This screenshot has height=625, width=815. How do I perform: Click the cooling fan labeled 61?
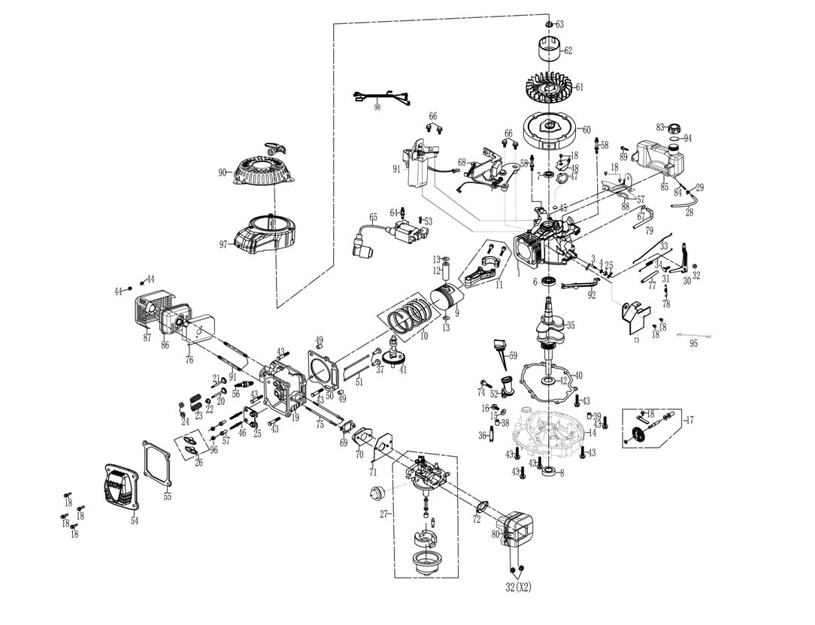[x=547, y=88]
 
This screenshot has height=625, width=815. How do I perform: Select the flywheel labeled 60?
[x=549, y=129]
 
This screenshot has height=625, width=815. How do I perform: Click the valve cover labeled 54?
[x=121, y=487]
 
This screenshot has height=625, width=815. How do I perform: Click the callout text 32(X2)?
[x=517, y=587]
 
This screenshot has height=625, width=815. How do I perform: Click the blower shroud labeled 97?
[x=265, y=232]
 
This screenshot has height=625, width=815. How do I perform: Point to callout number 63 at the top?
[x=559, y=25]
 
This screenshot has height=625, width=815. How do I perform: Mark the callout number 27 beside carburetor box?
[x=383, y=514]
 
